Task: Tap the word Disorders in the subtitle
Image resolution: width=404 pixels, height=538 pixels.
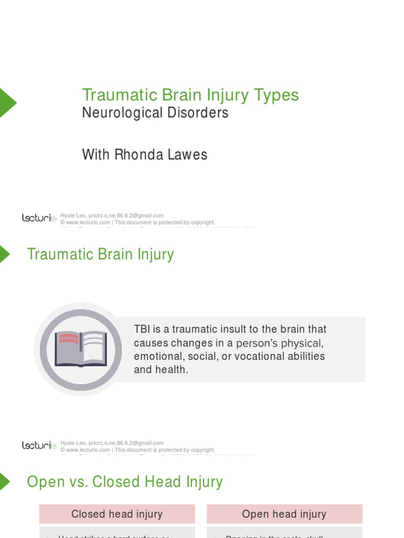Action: tap(200, 113)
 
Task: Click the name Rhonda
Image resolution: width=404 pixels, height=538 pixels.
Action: tap(137, 154)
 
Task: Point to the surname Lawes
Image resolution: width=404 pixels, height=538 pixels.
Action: tap(187, 154)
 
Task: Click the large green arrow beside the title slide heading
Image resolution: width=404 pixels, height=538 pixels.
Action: tap(7, 102)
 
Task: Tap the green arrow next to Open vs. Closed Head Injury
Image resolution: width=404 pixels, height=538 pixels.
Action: tap(5, 481)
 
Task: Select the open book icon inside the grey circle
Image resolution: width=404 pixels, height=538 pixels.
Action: tap(80, 349)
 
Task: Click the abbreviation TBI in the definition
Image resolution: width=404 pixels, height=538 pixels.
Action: tap(142, 329)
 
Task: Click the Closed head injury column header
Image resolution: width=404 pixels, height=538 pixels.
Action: tap(117, 514)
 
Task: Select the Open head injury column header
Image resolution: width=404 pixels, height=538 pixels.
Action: tap(284, 514)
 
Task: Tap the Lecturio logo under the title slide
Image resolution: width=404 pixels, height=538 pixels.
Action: tap(39, 218)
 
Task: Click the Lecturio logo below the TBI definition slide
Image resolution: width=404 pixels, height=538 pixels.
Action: tap(39, 446)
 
